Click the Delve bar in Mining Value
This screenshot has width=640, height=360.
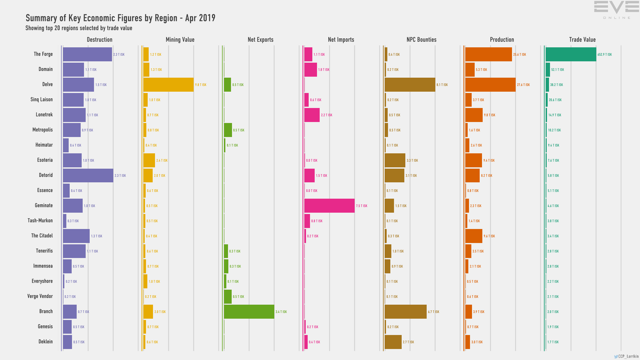point(168,85)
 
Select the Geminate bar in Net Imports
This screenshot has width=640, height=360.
point(329,206)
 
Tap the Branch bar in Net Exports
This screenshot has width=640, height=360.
point(249,312)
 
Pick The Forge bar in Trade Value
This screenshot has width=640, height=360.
point(571,54)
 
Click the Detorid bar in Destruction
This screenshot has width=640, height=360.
point(88,175)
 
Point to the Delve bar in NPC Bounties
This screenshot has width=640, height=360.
point(410,85)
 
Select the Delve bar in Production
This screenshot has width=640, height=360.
point(490,85)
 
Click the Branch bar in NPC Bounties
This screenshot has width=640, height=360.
point(405,312)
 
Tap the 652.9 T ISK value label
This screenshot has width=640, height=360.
point(605,55)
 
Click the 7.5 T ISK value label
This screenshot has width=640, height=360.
point(362,206)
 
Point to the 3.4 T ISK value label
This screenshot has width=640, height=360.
point(281,312)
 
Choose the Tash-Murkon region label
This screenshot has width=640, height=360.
point(40,221)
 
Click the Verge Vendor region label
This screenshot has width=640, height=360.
point(40,296)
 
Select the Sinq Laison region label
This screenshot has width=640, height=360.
point(41,100)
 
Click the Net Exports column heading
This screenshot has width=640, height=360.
point(260,40)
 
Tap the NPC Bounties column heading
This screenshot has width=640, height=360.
point(421,40)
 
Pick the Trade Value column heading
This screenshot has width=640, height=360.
point(582,40)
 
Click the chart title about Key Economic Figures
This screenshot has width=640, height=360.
point(120,18)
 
